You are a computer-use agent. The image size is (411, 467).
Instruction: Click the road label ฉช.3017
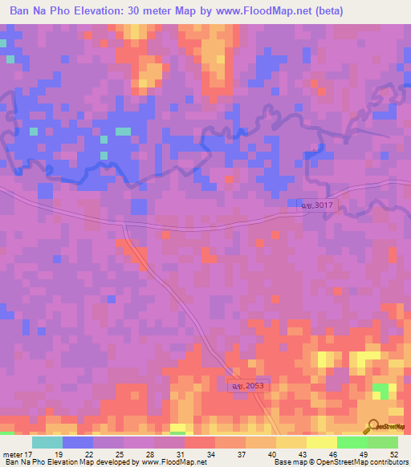[317, 206]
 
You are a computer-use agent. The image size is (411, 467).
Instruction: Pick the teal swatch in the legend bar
[47, 442]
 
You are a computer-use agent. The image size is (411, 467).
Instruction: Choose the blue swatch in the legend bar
[78, 442]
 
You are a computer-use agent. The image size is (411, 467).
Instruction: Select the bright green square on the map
[380, 391]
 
